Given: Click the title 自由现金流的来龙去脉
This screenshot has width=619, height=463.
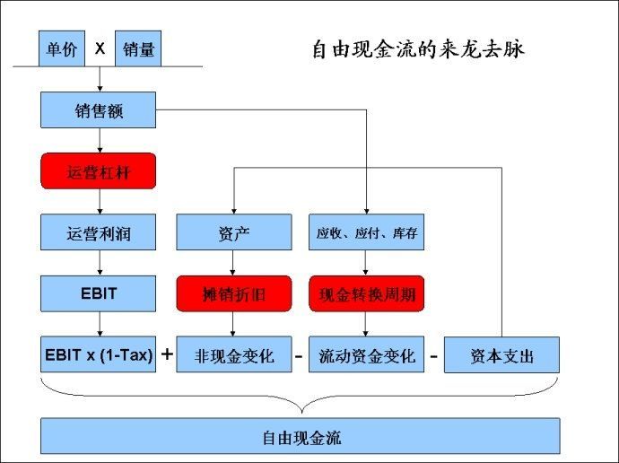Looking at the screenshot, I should point(417,49).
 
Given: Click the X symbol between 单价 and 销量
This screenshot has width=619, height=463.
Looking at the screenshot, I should point(100,49).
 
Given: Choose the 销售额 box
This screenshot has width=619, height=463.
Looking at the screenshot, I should point(99,109).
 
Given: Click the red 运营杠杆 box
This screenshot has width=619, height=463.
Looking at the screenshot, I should point(99,171).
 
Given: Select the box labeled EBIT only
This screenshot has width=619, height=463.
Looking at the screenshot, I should point(99,293).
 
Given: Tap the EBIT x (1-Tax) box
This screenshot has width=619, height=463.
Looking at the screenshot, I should point(99,355).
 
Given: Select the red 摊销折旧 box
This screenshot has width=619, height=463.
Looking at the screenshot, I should point(233,293).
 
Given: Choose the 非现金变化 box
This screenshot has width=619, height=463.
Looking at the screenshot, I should point(233,355).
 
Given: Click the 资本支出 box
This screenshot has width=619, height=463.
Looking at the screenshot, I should point(501,355).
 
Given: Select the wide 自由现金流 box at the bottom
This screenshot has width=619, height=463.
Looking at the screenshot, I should point(301,436).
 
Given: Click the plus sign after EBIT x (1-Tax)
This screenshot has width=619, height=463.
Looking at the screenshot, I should point(167,354).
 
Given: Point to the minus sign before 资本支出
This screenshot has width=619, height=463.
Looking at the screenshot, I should point(433,356).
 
